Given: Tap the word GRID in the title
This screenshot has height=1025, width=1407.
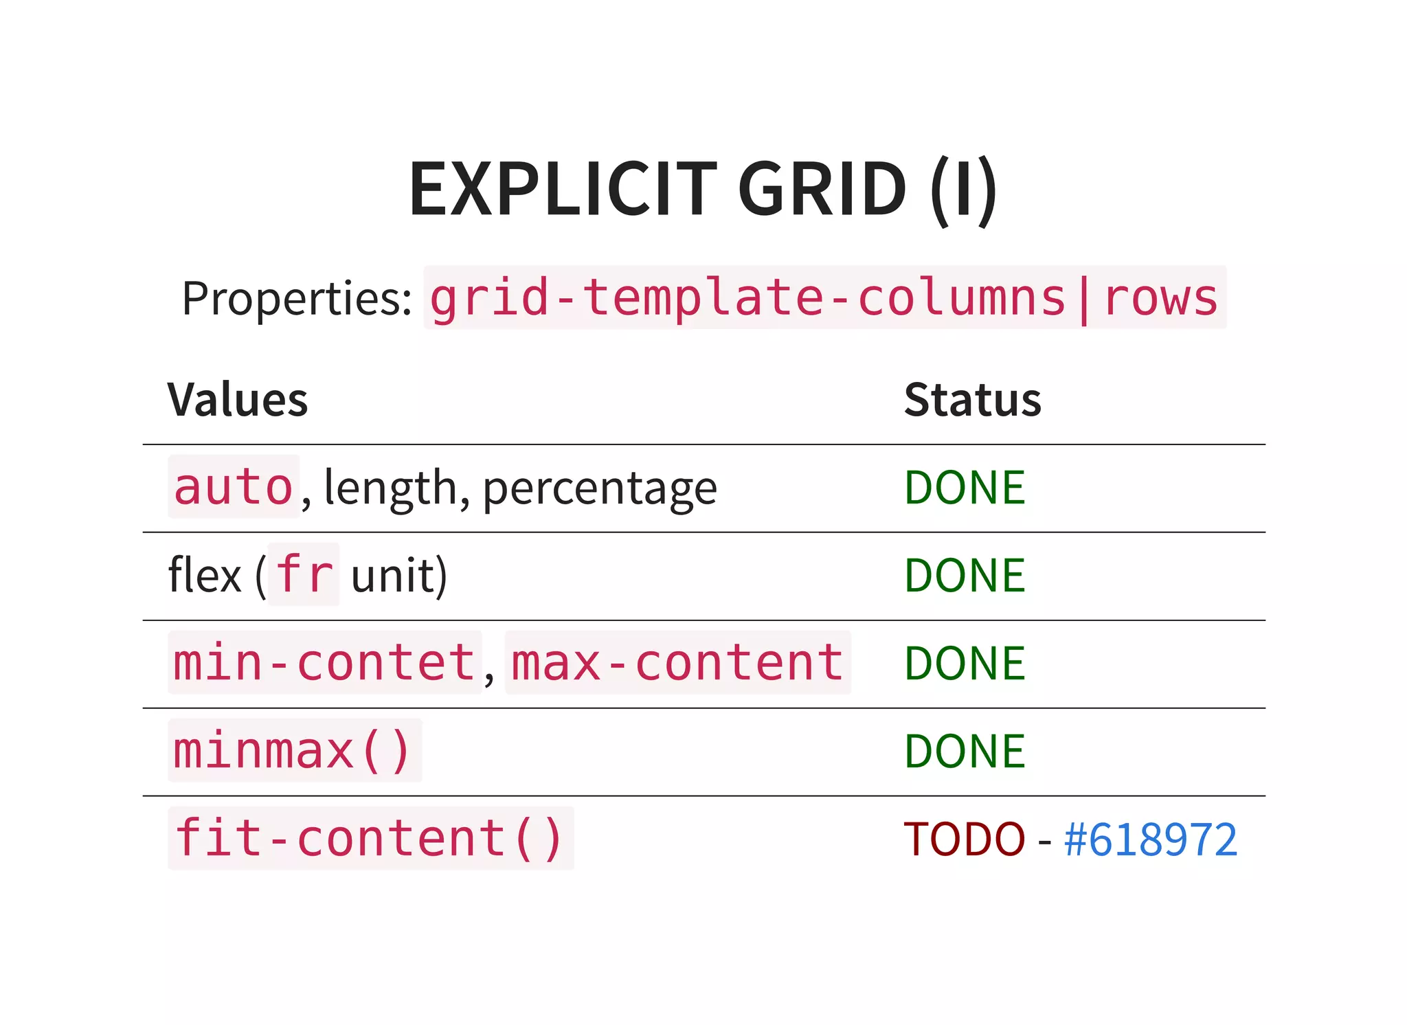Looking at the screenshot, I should pos(822,189).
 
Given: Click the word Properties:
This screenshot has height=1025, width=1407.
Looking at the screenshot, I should pos(297,299).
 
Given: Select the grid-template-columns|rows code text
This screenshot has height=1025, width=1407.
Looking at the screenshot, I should pos(824,298).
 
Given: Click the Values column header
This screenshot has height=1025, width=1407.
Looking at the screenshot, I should pos(238,400).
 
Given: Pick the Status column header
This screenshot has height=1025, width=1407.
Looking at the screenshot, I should pos(972,400).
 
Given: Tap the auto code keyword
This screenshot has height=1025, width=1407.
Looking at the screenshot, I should pos(234,487).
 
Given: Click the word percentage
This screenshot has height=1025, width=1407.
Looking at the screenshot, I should pos(600,488).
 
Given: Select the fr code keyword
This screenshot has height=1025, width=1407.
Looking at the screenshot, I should pos(304,574).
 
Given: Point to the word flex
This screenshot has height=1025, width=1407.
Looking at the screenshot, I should pos(205,575).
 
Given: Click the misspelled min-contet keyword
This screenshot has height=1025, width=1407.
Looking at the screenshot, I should pos(324,663).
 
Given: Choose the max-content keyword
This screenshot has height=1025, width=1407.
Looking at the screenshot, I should pos(677,663).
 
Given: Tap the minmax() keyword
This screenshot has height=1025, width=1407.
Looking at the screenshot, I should pos(293,751).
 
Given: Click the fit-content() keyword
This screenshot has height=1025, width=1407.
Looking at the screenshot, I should pos(370,839).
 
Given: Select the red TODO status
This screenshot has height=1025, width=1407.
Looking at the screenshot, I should pos(964,839).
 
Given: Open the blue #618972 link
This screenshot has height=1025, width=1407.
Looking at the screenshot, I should pos(1150,839).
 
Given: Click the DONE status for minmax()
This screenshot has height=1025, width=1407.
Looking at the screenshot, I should pos(965,751).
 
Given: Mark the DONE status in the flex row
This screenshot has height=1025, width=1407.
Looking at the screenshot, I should pos(965,575).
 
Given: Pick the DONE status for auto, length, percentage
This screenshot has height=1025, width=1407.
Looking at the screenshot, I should pos(965,487).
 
